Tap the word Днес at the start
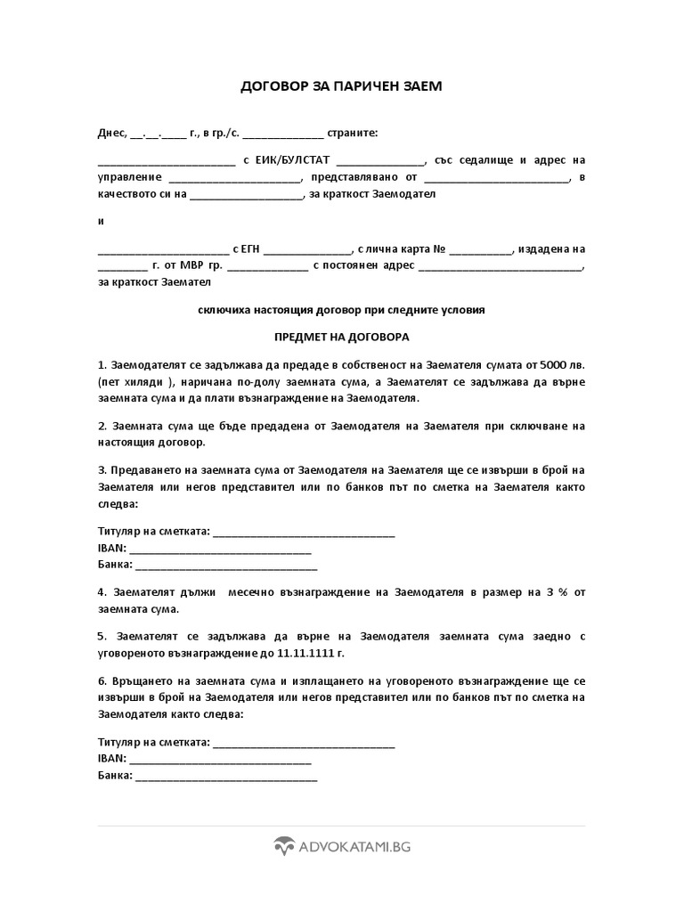coord(111,133)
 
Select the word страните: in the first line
coord(354,133)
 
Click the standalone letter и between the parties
coord(101,221)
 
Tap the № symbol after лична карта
coord(439,249)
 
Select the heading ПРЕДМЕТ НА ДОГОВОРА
coord(341,338)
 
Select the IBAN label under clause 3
coord(111,548)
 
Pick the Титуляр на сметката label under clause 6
coord(154,742)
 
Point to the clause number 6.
coord(101,681)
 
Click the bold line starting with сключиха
coord(341,311)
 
